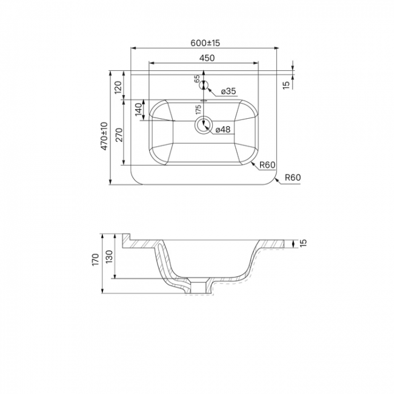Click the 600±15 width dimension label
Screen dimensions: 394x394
205,43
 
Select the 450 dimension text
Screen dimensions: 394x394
207,58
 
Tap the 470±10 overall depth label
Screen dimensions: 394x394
104,136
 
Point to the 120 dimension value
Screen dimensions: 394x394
118,87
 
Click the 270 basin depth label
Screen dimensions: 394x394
119,135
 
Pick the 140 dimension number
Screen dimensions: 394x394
139,109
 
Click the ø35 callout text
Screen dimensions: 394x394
229,91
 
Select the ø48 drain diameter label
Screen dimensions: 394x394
223,129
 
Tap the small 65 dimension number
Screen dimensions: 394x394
197,79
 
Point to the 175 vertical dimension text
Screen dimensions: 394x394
198,110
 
